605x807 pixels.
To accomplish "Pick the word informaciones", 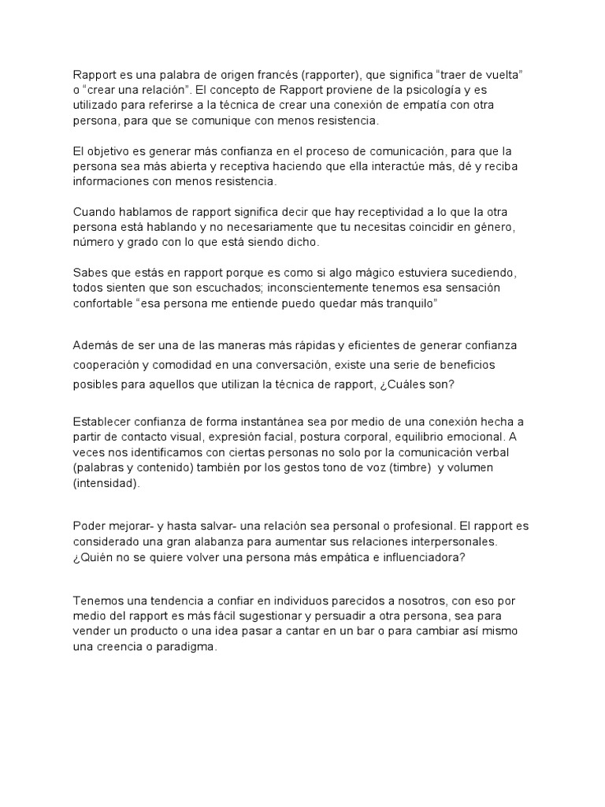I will pyautogui.click(x=113, y=181).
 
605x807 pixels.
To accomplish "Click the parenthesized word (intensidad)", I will pyautogui.click(x=106, y=483).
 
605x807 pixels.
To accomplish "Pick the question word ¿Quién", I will pyautogui.click(x=93, y=558).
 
